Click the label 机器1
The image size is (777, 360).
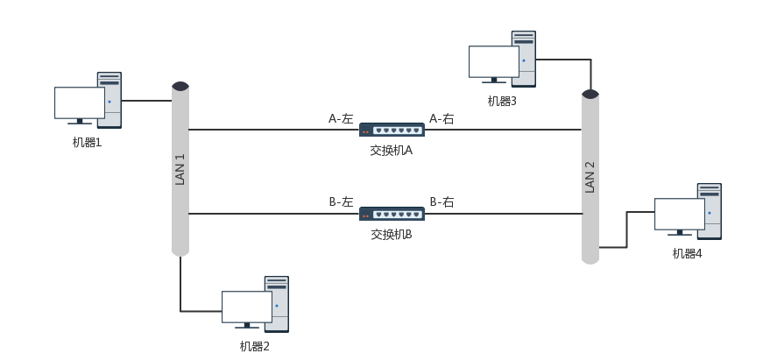click(87, 142)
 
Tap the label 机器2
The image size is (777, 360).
click(254, 346)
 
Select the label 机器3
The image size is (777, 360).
click(502, 101)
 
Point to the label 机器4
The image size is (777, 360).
click(687, 253)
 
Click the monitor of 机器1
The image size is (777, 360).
click(79, 102)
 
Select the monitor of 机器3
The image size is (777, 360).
click(493, 61)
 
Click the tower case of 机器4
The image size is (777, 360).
click(710, 210)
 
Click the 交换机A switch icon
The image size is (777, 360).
click(392, 130)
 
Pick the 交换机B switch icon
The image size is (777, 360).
click(392, 214)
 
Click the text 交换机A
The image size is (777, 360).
click(391, 151)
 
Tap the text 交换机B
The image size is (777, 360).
click(391, 235)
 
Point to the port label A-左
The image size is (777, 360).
click(341, 118)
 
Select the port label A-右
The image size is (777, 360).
click(441, 118)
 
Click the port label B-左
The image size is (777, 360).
click(341, 202)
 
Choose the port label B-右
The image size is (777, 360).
click(441, 202)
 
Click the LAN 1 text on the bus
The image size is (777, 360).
click(180, 169)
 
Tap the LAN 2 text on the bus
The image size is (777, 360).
click(590, 176)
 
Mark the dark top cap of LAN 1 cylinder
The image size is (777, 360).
click(180, 86)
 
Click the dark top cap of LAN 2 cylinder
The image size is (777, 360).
click(590, 94)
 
